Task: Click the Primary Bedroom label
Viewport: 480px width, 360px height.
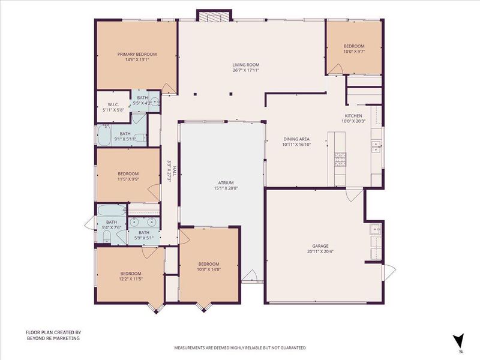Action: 137,54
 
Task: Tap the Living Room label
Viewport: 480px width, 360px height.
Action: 246,65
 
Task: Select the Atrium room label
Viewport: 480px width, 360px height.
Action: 226,183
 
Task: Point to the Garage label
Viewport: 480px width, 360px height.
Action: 320,246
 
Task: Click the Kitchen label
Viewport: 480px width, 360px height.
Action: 353,116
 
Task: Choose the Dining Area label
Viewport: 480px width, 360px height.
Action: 296,139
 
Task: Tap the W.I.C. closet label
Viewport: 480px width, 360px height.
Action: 113,104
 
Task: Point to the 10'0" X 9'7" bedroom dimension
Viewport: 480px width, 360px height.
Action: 354,52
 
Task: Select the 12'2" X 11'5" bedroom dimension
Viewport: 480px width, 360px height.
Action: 131,279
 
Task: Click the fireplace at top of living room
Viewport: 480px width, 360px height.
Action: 214,16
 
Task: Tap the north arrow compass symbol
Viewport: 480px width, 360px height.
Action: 458,341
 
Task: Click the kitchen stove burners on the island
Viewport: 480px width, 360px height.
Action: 340,160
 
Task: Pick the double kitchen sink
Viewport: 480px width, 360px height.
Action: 376,146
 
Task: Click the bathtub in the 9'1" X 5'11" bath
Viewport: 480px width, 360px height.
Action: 104,136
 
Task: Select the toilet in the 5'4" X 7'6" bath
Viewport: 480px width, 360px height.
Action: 107,236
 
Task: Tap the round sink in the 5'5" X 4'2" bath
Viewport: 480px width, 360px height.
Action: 155,101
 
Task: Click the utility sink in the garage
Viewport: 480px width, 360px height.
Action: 376,229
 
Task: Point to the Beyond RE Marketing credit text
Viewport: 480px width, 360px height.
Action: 53,335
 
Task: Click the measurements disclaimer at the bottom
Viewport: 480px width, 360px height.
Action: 240,348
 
